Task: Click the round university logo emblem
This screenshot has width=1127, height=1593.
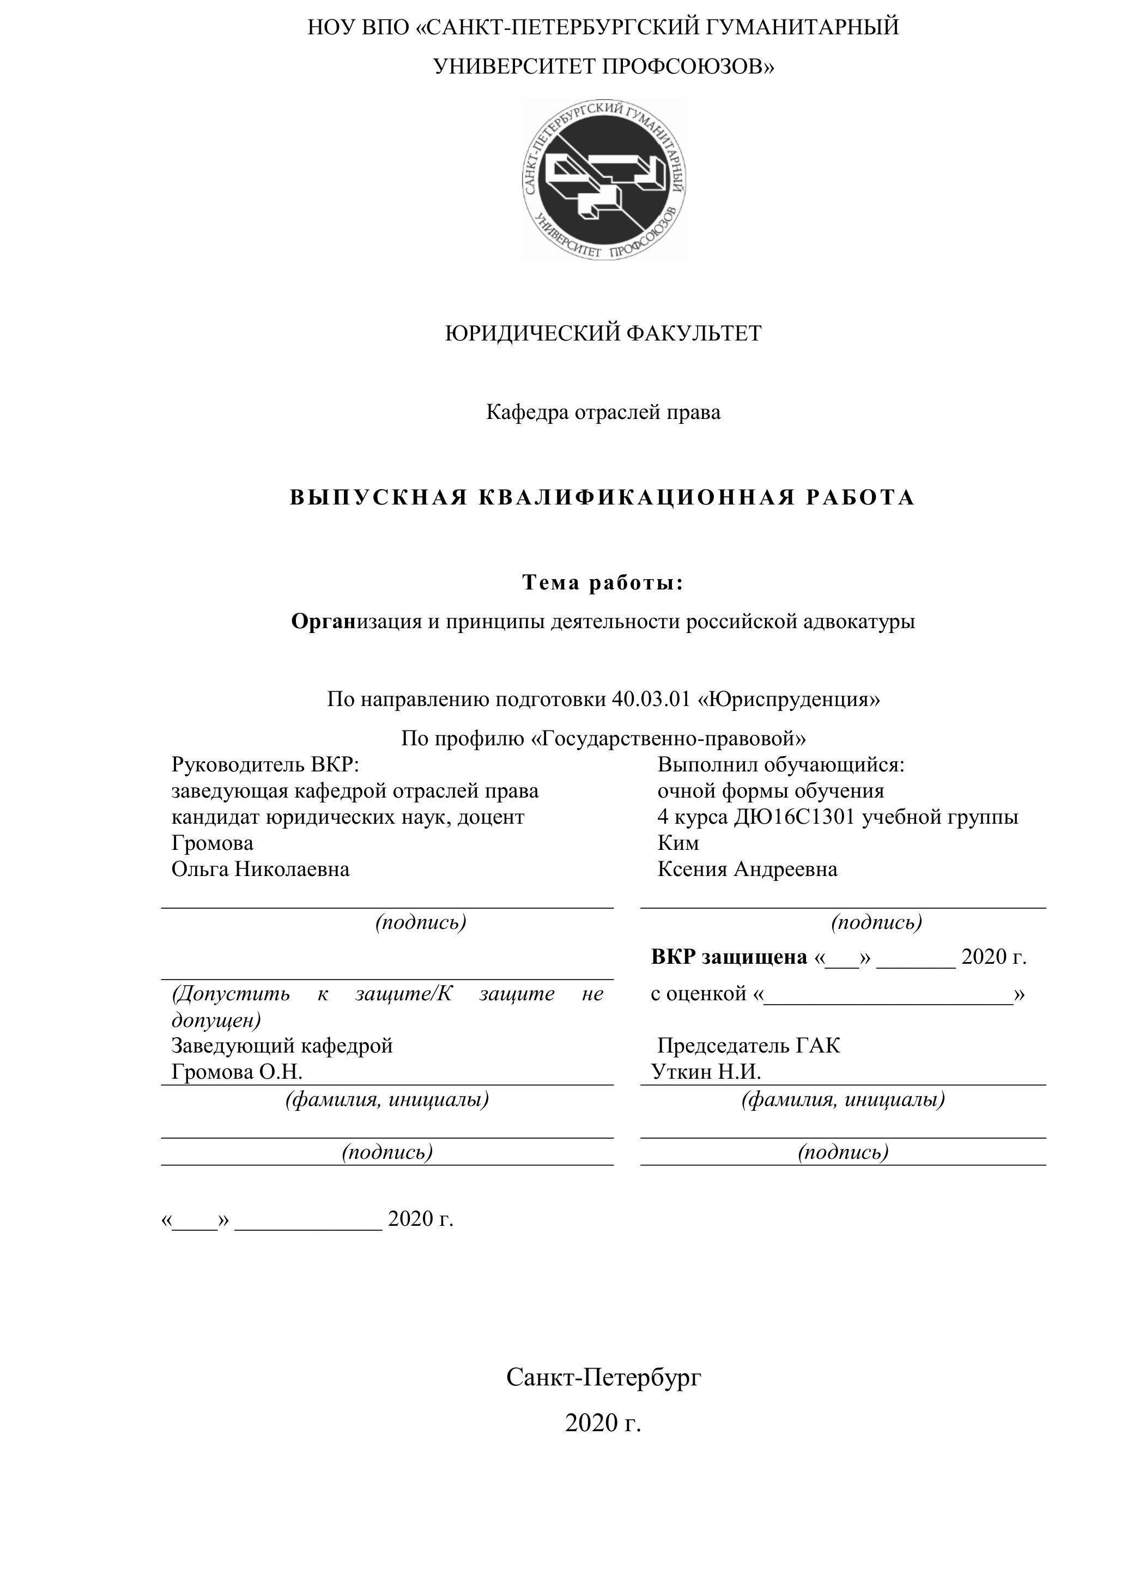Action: pos(604,179)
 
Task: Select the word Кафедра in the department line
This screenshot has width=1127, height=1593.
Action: pos(528,412)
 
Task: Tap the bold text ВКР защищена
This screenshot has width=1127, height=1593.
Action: pos(729,957)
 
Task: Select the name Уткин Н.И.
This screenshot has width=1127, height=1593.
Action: pos(706,1072)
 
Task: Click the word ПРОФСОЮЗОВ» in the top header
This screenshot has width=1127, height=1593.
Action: pos(688,66)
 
